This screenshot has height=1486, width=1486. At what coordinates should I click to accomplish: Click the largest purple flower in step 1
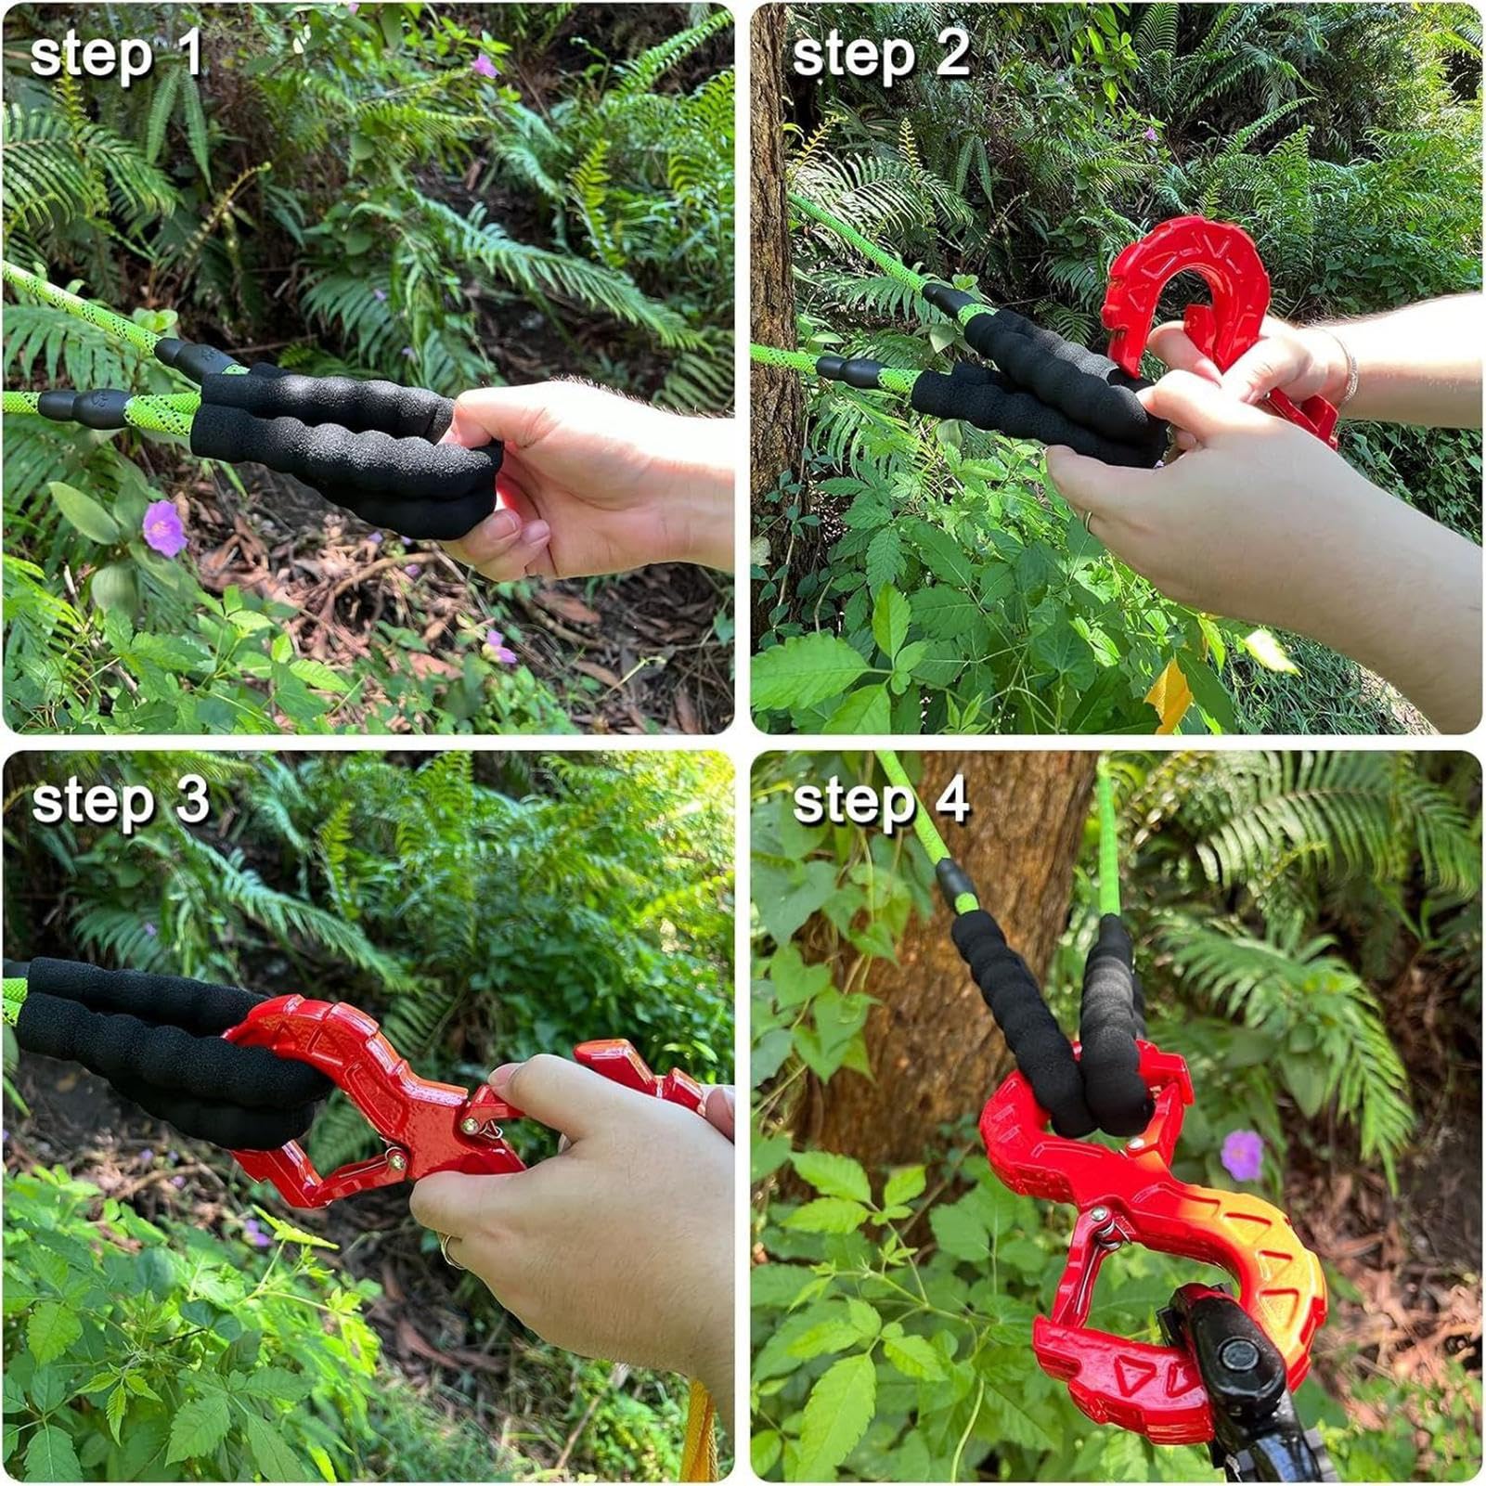coord(164,528)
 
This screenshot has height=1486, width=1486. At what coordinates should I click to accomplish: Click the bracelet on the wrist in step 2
coord(1348,367)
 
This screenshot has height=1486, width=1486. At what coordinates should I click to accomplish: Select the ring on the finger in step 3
coord(451,1251)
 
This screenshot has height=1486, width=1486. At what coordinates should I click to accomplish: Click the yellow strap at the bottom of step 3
coord(698,1429)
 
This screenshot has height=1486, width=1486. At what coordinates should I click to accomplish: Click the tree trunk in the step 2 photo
coord(774,278)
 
